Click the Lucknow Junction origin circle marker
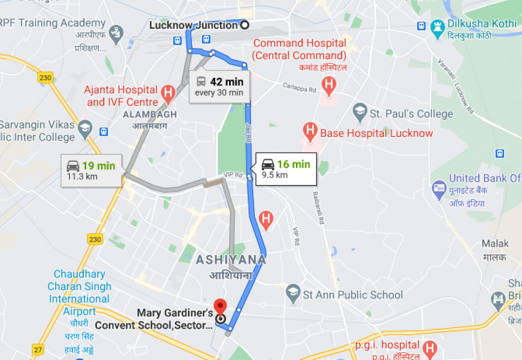(x=243, y=25)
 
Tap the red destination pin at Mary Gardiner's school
(x=220, y=306)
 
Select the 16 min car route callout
(x=286, y=169)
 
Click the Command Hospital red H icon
(x=328, y=85)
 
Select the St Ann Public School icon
(x=293, y=294)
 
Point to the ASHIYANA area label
(x=231, y=260)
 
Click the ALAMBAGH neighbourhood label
(x=150, y=114)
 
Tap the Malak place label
(x=494, y=244)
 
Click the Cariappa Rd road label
(x=300, y=87)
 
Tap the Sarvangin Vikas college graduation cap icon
(x=85, y=127)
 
